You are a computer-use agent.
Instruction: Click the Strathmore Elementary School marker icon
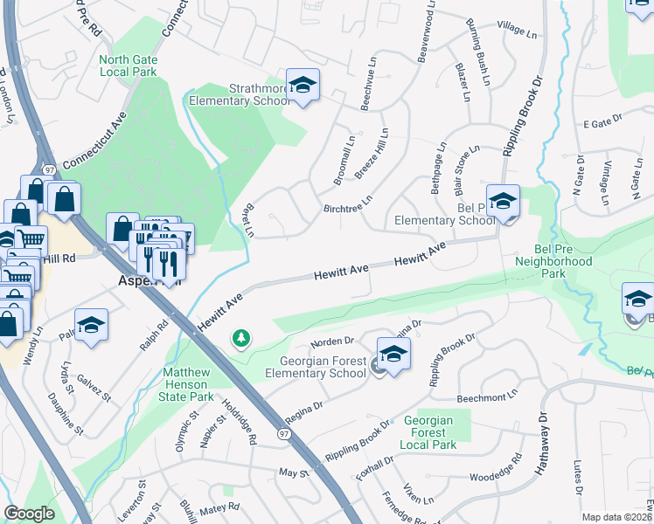point(303,85)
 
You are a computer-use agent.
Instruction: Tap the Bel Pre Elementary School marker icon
point(503,202)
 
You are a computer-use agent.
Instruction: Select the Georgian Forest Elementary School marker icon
point(393,354)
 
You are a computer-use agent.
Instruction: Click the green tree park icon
point(240,337)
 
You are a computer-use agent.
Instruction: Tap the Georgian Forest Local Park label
point(429,432)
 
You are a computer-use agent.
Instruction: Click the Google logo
point(29,514)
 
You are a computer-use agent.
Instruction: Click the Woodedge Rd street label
point(495,478)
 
